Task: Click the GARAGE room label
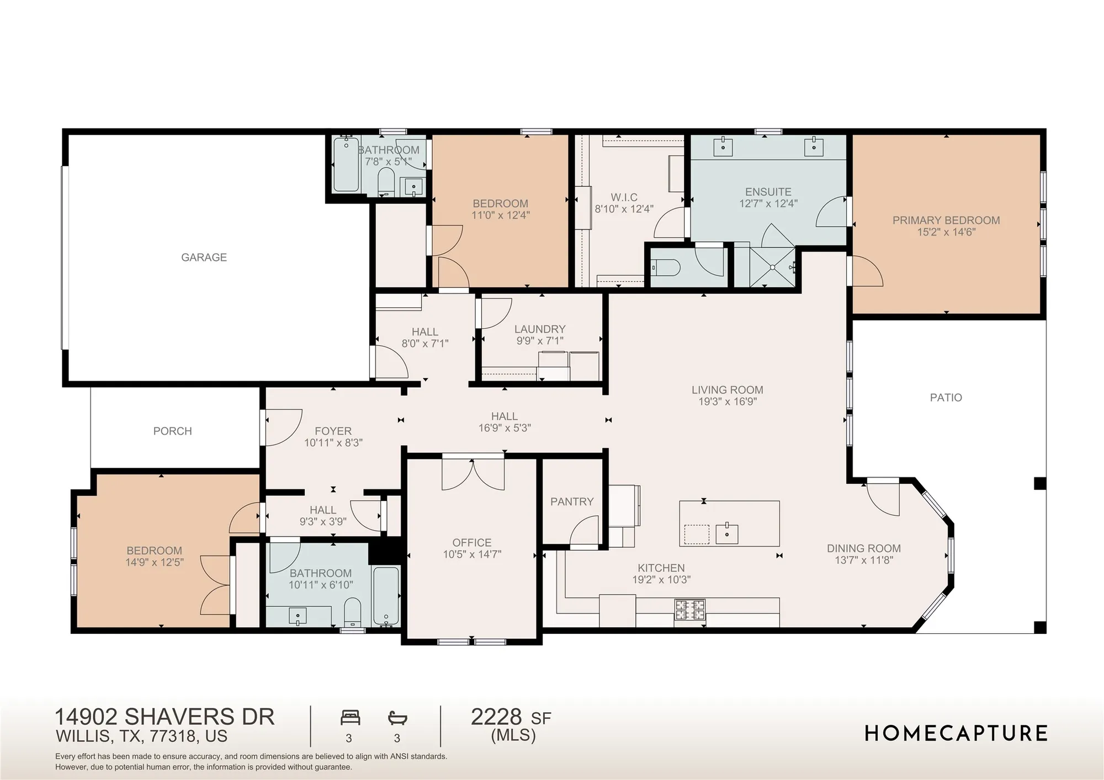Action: tap(204, 257)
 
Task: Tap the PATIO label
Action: tap(946, 397)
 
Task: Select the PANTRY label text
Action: tap(571, 501)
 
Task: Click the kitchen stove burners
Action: tap(689, 610)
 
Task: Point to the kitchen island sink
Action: tap(726, 533)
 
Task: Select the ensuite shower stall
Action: tap(772, 268)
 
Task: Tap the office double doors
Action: tap(473, 474)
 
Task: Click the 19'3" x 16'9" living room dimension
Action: tap(727, 402)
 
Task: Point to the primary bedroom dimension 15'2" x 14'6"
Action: tap(946, 232)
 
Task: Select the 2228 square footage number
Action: tap(496, 717)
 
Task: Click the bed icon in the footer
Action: tap(350, 718)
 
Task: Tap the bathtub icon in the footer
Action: tap(397, 718)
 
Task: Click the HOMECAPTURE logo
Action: tap(956, 733)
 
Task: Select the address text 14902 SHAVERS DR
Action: tap(164, 717)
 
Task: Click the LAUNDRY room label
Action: tap(539, 329)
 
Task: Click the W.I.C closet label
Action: tap(624, 197)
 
